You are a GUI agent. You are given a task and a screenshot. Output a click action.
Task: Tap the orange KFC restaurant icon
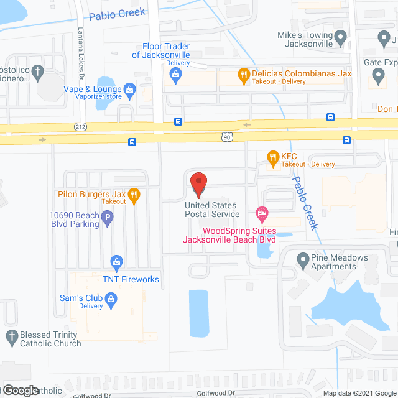coord(272,159)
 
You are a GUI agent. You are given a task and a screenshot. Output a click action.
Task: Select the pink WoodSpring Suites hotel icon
coord(262,215)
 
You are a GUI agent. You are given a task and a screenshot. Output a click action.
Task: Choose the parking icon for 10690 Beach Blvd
coord(108,219)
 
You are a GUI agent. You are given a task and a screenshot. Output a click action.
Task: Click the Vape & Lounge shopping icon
coord(129,91)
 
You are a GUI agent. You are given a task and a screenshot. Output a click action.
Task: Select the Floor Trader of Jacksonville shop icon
coord(175,76)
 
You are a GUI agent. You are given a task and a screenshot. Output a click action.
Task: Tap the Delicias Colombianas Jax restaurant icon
coord(244,76)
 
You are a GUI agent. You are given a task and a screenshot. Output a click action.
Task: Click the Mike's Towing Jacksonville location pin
coord(340,40)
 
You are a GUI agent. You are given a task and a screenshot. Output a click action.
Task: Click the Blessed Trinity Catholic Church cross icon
coord(11,338)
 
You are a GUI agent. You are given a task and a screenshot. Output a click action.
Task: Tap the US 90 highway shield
coord(228,136)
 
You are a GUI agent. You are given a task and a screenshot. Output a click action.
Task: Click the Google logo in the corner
coord(20,390)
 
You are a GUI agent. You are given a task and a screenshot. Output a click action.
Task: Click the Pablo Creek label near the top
coord(117,12)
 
